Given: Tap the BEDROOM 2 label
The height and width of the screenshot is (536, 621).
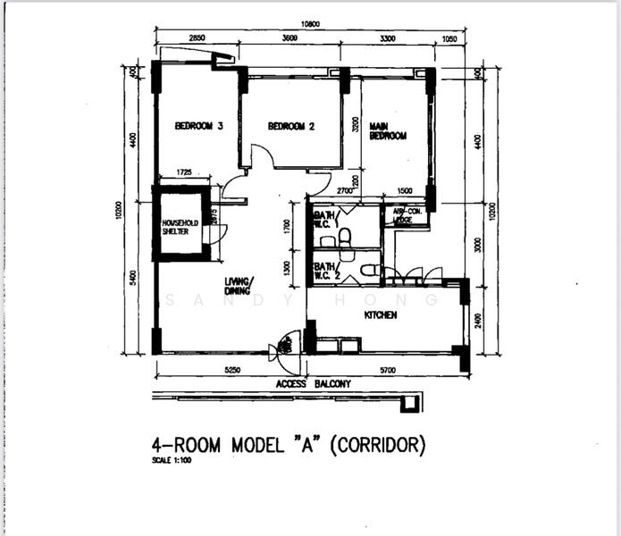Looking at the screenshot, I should click(x=291, y=127).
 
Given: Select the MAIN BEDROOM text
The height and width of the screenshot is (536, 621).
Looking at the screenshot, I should click(x=389, y=131).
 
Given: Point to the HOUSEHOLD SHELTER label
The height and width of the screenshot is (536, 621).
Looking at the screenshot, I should click(x=180, y=226).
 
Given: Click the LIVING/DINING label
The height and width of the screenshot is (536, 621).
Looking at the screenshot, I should click(x=239, y=286).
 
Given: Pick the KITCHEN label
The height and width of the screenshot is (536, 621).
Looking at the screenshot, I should click(x=381, y=315).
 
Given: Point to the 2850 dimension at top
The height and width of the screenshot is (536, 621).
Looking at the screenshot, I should click(x=197, y=39).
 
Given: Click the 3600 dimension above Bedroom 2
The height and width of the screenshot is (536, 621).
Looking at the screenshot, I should click(x=290, y=39).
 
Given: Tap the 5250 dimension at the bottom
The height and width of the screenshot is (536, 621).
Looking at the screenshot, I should click(x=231, y=369).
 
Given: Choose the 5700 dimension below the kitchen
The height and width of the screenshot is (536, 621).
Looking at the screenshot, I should click(x=387, y=369).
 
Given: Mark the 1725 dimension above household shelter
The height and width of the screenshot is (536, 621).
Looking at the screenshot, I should click(x=185, y=172).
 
